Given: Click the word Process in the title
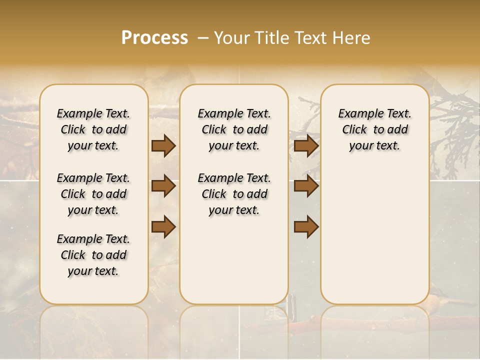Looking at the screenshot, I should click(154, 38).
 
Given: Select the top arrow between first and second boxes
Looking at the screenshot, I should click(163, 145).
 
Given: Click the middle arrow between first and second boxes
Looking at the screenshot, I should click(163, 186).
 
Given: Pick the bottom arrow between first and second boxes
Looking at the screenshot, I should click(163, 226).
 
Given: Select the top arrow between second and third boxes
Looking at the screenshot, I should click(306, 145).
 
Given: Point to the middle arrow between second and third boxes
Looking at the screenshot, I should click(306, 186).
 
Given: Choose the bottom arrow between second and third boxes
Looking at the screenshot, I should click(306, 226).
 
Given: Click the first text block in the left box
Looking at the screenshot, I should click(93, 129).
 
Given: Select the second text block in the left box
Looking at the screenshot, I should click(93, 194).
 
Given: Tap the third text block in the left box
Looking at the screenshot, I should click(93, 255).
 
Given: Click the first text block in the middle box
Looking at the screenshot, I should click(234, 129).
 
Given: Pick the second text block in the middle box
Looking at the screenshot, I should click(234, 194).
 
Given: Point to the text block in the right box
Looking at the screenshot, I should click(375, 129).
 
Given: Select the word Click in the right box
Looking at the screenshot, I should click(354, 130).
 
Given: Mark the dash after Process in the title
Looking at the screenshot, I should click(202, 38).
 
